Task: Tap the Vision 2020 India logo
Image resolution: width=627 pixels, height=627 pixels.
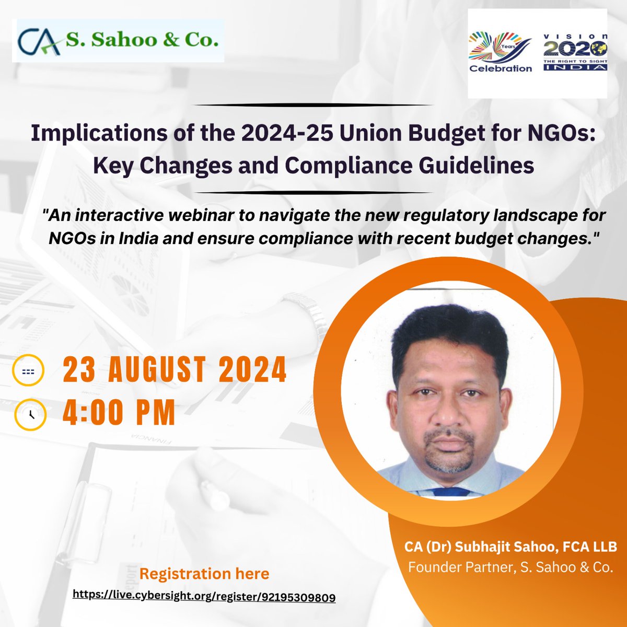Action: (x=575, y=52)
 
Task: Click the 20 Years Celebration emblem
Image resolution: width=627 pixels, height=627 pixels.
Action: (x=500, y=53)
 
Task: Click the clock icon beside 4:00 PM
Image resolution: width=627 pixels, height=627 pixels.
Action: (x=30, y=414)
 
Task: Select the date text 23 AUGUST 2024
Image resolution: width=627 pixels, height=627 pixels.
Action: (x=175, y=370)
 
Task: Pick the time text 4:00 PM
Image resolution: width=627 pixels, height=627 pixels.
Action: (x=119, y=413)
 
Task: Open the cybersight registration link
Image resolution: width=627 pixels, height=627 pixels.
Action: (x=204, y=596)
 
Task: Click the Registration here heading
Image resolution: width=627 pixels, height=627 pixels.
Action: (x=204, y=574)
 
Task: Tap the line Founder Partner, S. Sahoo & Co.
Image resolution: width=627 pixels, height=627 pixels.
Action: (x=510, y=567)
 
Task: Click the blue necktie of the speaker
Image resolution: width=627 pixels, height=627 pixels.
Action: (x=451, y=491)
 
